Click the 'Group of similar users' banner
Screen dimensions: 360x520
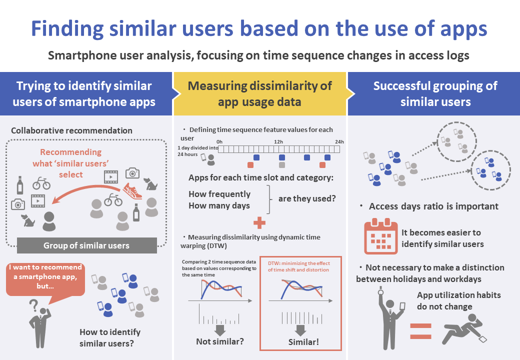86,245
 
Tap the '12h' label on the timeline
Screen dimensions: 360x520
279,142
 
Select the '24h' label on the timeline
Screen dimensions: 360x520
338,142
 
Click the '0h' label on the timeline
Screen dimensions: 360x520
219,142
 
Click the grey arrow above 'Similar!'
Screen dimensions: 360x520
300,329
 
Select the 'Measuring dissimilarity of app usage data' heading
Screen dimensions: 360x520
259,93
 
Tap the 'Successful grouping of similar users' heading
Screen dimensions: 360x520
435,93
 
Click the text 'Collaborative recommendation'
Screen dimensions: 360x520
71,130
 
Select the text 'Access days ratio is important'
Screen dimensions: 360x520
433,206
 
